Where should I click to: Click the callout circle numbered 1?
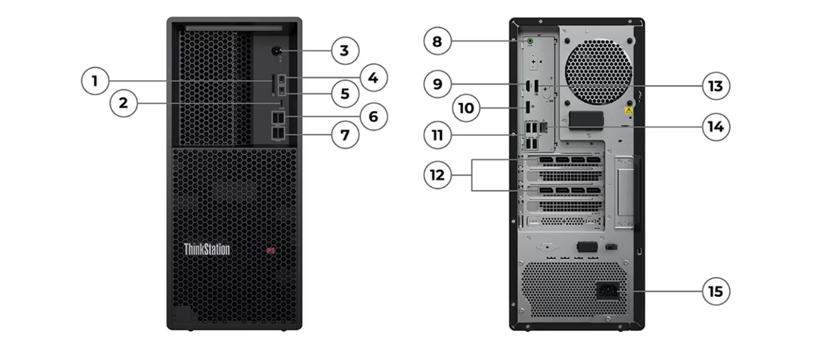coord(95,81)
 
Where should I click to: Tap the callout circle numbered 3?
coord(345,50)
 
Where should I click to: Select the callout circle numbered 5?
coord(345,94)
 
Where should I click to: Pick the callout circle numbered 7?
coord(345,135)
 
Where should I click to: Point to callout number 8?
coord(437,41)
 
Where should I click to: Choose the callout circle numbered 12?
coord(437,174)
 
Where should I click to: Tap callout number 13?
coord(716,86)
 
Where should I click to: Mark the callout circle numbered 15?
coord(716,291)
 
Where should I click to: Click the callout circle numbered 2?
coord(123,103)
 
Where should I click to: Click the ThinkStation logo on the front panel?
coord(206,250)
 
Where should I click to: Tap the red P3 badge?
coord(270,250)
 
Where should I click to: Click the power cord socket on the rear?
coord(607,291)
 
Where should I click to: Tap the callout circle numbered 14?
coord(716,127)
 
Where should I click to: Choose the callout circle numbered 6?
coord(373,116)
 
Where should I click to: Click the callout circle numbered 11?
coord(437,135)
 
